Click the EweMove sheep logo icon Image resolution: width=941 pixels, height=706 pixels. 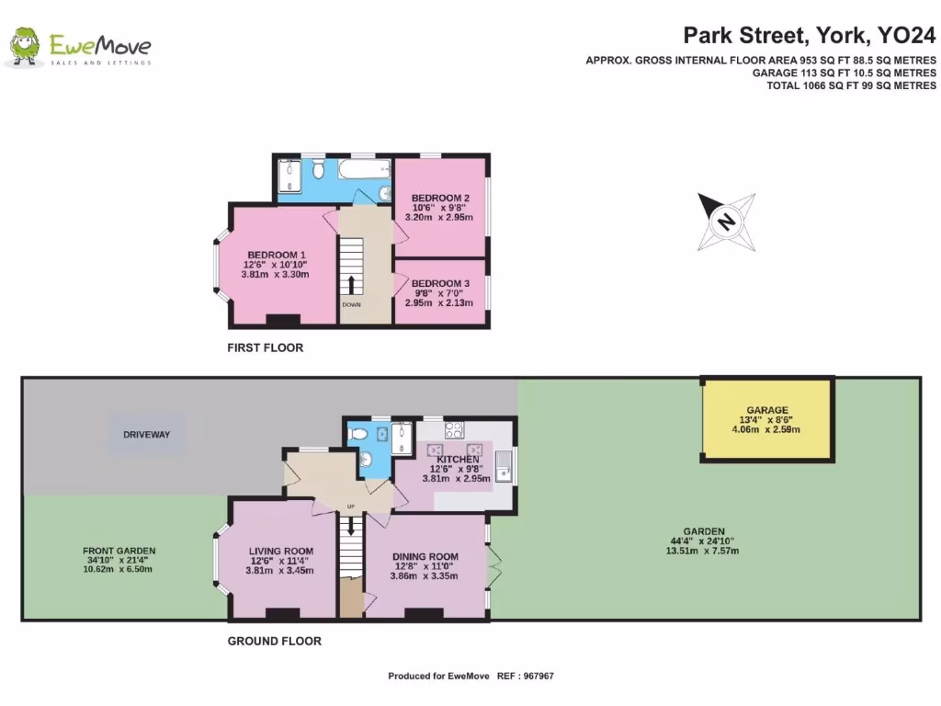pos(24,47)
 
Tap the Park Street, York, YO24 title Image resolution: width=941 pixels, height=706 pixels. pos(809,36)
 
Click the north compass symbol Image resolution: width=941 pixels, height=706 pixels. pos(726,222)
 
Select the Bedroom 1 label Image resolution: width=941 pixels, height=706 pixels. pos(276,255)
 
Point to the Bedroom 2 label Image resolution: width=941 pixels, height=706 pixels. pos(440,198)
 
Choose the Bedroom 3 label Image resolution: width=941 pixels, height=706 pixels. pos(440,283)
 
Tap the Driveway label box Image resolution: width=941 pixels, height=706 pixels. pos(147,432)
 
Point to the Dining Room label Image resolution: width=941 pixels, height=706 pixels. pos(425,556)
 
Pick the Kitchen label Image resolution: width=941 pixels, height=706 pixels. pos(458,459)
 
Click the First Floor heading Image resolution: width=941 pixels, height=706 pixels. pos(265,348)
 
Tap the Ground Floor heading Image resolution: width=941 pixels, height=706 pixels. pos(274,641)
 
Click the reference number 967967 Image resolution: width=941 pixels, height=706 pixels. pos(538,676)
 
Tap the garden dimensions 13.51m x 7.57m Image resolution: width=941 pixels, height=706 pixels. pos(703,551)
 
